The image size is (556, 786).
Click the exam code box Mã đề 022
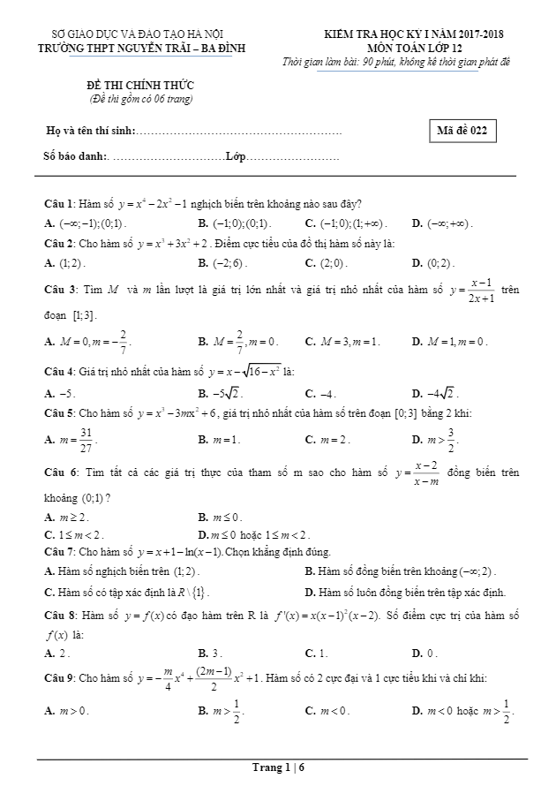tap(461, 131)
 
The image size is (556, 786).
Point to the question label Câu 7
tap(60, 550)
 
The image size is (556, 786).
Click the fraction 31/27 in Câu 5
tap(86, 439)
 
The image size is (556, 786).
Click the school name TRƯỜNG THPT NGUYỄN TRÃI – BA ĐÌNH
tap(147, 48)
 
